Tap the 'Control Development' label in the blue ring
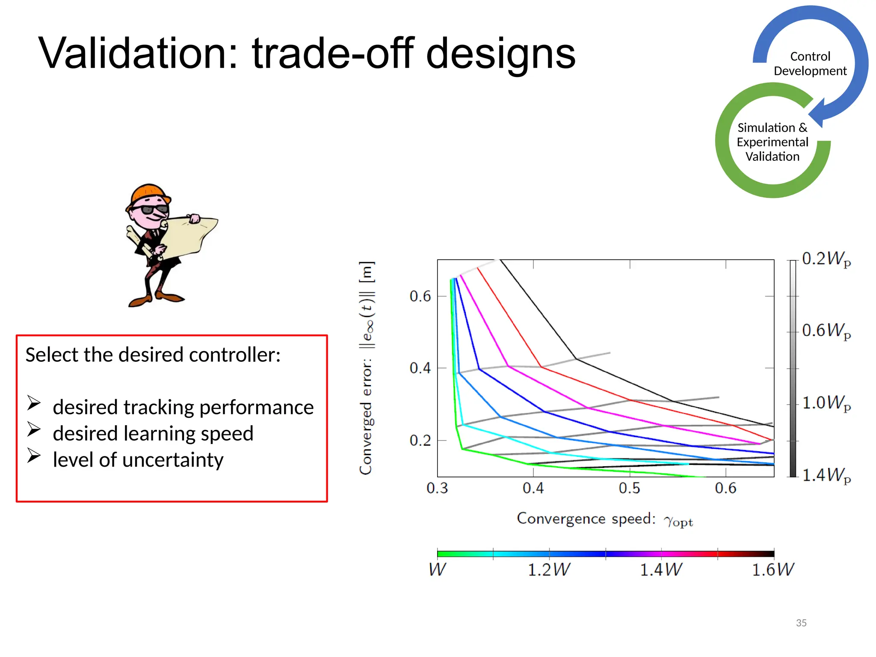tap(810, 64)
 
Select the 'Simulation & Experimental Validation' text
tap(772, 142)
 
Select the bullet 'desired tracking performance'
tap(183, 407)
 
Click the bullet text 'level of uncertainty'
tap(138, 460)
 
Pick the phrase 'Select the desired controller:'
tap(153, 355)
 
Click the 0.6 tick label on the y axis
tap(420, 296)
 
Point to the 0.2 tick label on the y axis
tap(420, 440)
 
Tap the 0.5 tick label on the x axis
tap(629, 488)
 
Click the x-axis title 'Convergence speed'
tap(586, 519)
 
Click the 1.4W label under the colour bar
tap(661, 570)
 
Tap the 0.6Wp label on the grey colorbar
tap(826, 331)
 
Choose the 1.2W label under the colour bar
tap(549, 570)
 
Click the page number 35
tap(801, 623)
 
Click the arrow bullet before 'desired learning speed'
tap(34, 429)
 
